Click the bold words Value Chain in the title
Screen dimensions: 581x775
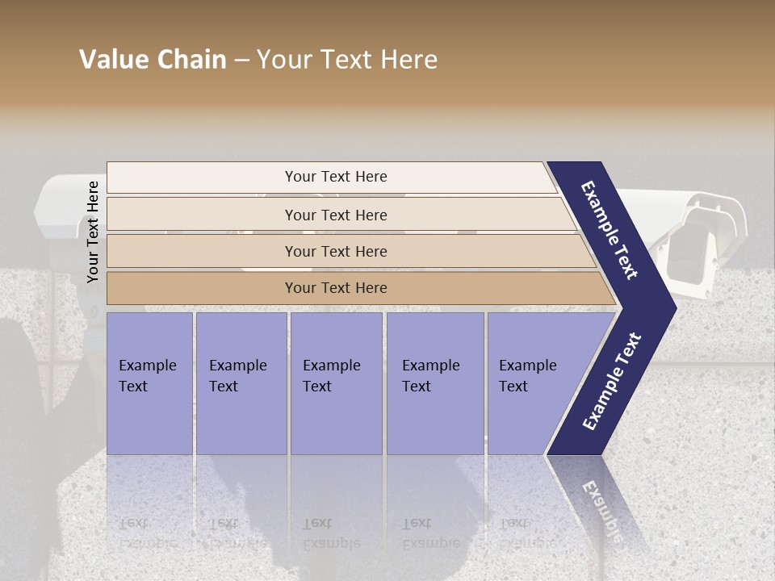[153, 60]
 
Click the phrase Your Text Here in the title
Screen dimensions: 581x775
[347, 60]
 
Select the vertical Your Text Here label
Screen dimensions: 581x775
[93, 232]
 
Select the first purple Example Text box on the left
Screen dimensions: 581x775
[149, 383]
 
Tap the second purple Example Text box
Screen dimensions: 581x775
[241, 383]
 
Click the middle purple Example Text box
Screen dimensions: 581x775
[336, 383]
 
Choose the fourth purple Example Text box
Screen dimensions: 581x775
[434, 383]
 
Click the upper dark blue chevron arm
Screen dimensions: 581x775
[610, 229]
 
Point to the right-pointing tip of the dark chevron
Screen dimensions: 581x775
[672, 307]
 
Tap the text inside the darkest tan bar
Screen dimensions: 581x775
[336, 288]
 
